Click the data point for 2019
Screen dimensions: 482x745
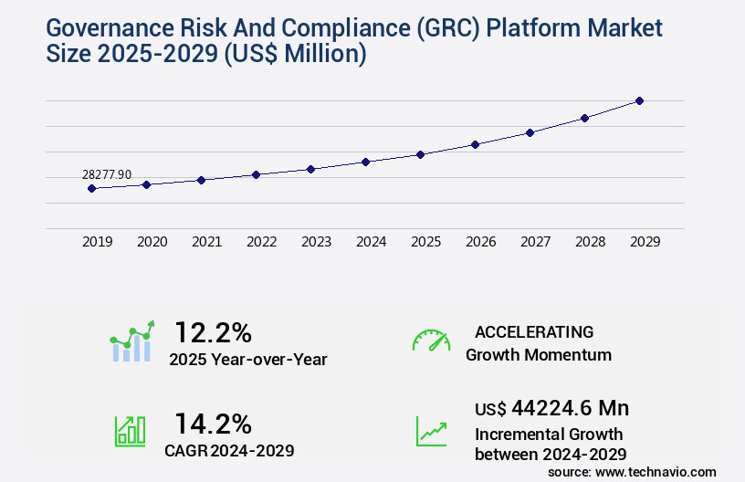point(91,188)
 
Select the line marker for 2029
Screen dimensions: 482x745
point(639,100)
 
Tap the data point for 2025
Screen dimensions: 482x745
point(420,154)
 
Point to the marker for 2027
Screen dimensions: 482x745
point(530,132)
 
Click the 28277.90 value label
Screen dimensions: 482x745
point(107,174)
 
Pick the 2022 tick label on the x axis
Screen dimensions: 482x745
point(261,242)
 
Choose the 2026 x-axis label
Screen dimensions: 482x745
point(480,242)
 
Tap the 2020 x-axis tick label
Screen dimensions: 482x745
point(152,242)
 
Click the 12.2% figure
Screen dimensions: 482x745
point(213,331)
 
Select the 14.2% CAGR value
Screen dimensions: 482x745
point(213,423)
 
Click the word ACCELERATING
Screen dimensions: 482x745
point(534,331)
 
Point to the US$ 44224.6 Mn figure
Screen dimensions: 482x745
point(551,408)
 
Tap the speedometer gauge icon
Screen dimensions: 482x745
point(431,340)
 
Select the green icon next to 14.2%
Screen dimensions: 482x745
point(130,431)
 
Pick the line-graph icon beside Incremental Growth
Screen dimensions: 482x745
point(431,431)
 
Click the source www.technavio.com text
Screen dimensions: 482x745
point(632,471)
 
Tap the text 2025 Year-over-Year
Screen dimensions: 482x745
point(247,360)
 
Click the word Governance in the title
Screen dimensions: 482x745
point(106,27)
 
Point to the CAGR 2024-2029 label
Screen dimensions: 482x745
point(229,450)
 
